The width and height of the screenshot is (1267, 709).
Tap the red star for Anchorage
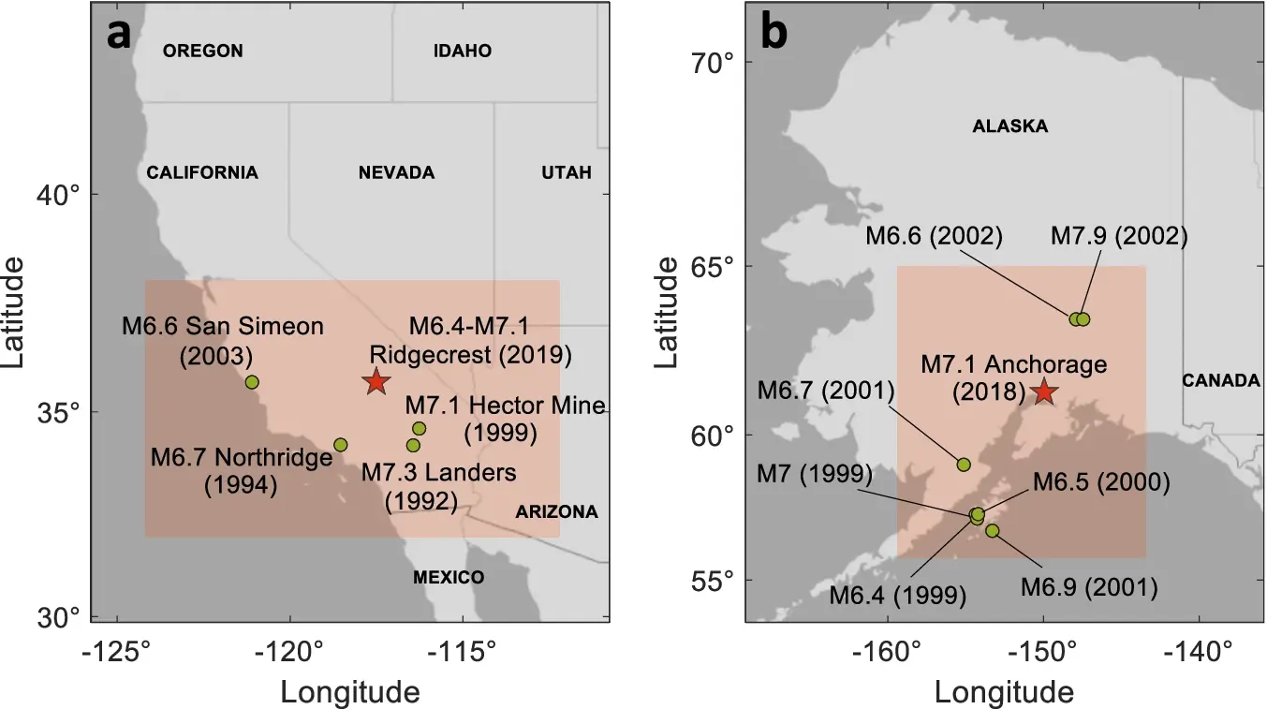1043,392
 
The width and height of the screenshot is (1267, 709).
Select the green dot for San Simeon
252,382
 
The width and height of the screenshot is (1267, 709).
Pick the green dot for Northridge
340,445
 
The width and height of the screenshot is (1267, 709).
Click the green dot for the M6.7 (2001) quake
964,465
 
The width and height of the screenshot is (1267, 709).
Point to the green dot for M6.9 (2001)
992,530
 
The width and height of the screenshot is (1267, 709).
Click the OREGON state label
203,51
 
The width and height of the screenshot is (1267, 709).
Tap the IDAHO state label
463,51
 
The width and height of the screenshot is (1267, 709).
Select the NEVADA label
396,172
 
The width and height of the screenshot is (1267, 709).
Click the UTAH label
567,172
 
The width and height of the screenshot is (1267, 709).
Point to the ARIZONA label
556,511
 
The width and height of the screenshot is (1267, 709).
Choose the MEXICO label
449,577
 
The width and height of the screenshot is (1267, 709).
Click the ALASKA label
1010,126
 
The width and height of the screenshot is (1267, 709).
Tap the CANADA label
1221,380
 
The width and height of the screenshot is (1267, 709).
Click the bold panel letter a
119,34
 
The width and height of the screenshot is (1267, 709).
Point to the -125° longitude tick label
118,653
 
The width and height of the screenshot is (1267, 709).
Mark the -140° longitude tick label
1199,653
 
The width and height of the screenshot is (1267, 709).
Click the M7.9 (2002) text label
1119,236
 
